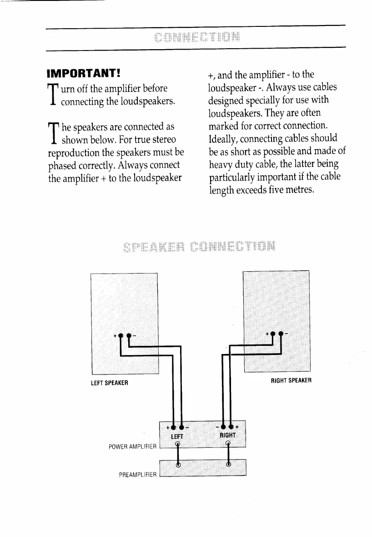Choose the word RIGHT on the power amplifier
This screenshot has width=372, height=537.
click(227, 435)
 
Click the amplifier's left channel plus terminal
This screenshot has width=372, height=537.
click(173, 428)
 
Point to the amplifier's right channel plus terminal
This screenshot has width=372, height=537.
click(231, 428)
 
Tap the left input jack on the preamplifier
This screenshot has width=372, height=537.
click(178, 465)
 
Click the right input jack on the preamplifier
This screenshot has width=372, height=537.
click(228, 465)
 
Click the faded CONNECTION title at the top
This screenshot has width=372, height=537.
click(197, 37)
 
